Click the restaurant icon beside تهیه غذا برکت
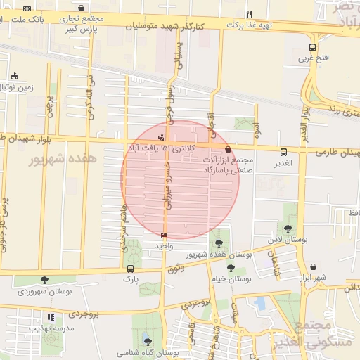click(x=250, y=13)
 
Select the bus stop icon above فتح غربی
click(x=312, y=48)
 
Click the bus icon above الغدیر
click(x=283, y=152)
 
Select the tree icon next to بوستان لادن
click(x=288, y=228)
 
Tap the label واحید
click(x=163, y=245)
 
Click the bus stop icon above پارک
click(x=130, y=269)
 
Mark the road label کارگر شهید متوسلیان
click(x=164, y=25)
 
